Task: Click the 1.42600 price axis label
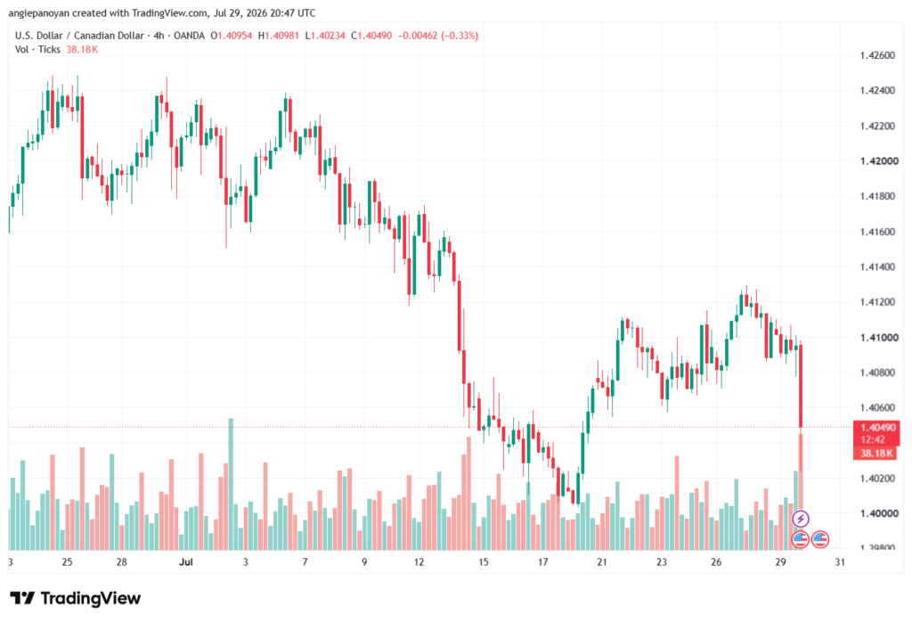(877, 55)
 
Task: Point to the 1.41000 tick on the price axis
(878, 337)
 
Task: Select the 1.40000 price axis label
(878, 513)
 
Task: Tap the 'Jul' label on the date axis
(186, 562)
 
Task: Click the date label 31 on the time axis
(840, 562)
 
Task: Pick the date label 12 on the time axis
(419, 562)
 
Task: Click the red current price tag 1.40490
(877, 428)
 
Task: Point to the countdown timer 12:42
(873, 439)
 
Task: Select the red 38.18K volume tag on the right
(876, 453)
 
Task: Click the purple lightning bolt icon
(801, 518)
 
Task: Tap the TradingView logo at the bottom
(76, 598)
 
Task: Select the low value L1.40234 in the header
(325, 36)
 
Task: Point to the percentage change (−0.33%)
(460, 36)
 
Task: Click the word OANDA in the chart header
(189, 36)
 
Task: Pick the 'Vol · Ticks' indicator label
(37, 50)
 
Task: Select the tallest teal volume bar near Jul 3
(231, 484)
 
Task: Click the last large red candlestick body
(801, 386)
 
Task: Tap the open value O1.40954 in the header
(232, 36)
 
